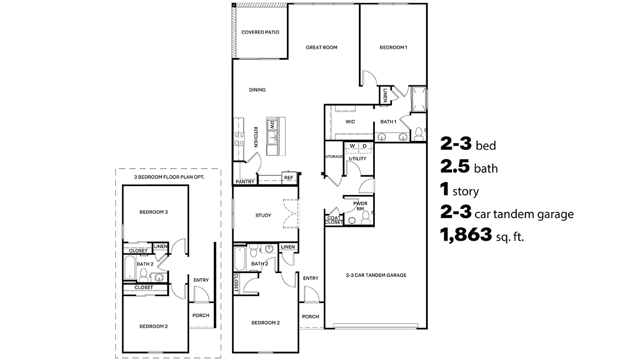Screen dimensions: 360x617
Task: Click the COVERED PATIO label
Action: [x=260, y=32]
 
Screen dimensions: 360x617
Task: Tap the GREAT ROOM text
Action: [x=321, y=47]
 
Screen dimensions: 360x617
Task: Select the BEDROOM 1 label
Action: [x=393, y=47]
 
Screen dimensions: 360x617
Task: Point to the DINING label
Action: [x=257, y=90]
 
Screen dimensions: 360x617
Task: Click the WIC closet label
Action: [x=350, y=122]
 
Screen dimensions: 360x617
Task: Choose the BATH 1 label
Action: [x=388, y=122]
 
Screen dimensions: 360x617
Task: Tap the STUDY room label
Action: [x=263, y=215]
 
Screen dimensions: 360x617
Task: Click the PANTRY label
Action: [x=245, y=182]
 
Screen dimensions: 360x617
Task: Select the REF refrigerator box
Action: [x=288, y=178]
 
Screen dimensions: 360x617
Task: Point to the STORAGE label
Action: [x=334, y=156]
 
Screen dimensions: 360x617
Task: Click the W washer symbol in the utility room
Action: [x=352, y=146]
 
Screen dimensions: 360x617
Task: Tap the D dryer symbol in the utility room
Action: [x=365, y=146]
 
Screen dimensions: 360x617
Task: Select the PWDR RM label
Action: [x=359, y=206]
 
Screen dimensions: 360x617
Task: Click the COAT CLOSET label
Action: [x=334, y=220]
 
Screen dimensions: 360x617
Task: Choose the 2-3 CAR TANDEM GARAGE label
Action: [x=376, y=275]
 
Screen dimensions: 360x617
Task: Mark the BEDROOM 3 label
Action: [x=154, y=212]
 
